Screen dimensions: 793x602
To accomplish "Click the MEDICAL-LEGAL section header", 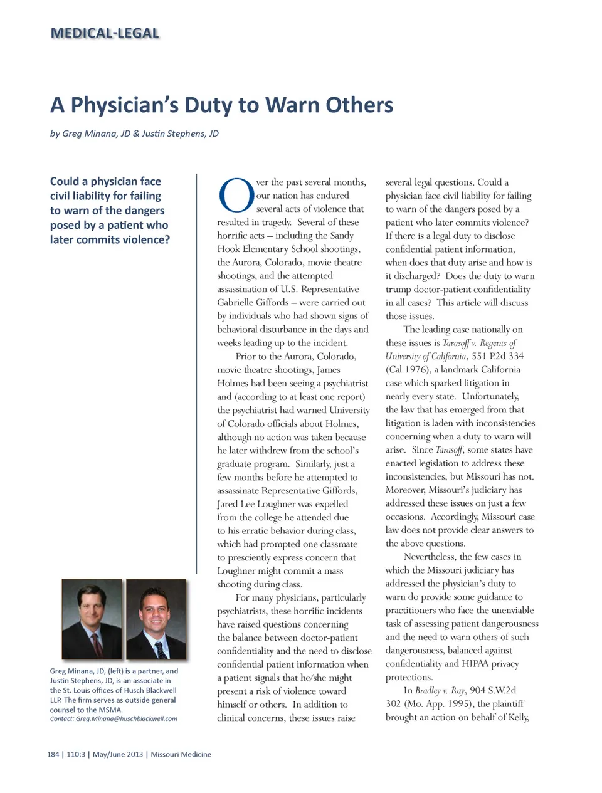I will tap(105, 33).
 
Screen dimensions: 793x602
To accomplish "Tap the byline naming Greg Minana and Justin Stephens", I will tap(134, 134).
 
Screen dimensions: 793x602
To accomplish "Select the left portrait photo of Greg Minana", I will tap(92, 619).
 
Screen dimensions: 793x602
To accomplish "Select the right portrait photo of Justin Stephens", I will tap(156, 619).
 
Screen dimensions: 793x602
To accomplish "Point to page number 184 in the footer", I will tap(53, 754).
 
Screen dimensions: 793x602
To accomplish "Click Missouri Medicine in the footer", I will tap(181, 754).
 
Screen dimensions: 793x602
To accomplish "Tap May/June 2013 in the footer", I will tap(118, 754).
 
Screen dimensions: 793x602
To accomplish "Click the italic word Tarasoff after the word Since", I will tap(449, 450).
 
